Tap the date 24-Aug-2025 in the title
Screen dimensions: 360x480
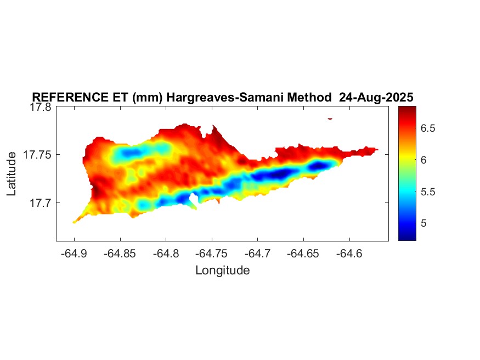click(x=376, y=98)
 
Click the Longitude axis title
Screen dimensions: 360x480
click(x=222, y=270)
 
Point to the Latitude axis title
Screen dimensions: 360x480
click(x=12, y=174)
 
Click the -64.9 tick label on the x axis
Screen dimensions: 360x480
click(x=74, y=254)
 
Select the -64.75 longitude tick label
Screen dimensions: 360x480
click(x=212, y=254)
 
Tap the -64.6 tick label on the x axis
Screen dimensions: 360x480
click(x=350, y=254)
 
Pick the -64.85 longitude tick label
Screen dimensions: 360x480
click(x=120, y=254)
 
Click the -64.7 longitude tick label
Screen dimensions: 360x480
click(x=258, y=254)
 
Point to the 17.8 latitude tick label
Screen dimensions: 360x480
click(x=41, y=108)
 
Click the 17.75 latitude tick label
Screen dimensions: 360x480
click(x=38, y=155)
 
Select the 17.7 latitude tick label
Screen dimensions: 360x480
click(x=41, y=203)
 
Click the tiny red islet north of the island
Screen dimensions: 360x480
click(x=330, y=118)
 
